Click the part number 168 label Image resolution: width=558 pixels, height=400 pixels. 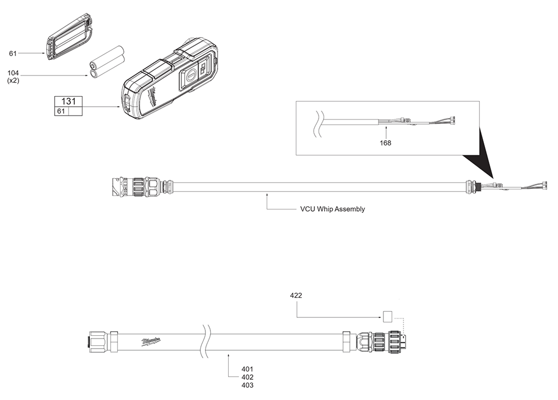(x=385, y=142)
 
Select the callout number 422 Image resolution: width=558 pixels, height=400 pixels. (x=296, y=295)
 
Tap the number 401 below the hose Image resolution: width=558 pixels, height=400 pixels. (x=247, y=369)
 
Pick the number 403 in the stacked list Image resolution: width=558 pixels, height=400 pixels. (x=247, y=385)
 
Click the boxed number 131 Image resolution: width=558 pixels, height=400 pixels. (x=68, y=101)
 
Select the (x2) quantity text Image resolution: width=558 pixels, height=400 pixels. (x=13, y=81)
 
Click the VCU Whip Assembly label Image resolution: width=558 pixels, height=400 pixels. (x=332, y=209)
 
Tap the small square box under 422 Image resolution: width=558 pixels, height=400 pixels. (x=387, y=317)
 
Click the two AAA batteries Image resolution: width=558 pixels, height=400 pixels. (x=108, y=62)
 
